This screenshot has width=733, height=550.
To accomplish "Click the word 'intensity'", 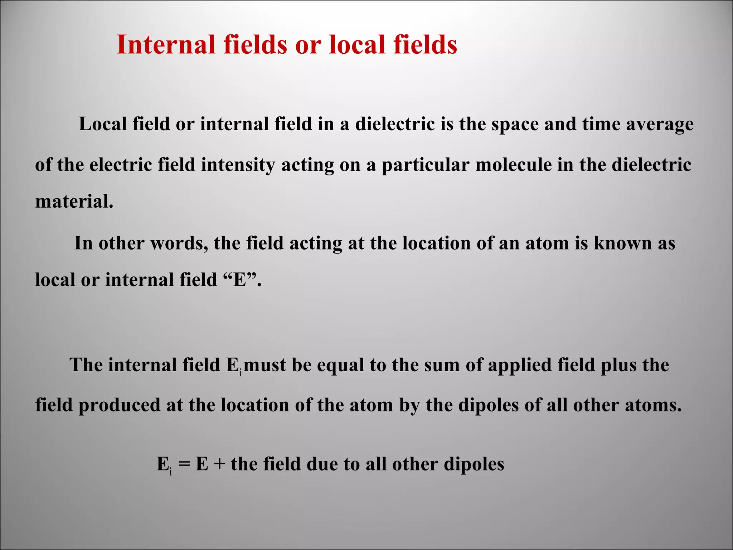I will [x=238, y=165].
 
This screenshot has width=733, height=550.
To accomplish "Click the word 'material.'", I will [x=74, y=201].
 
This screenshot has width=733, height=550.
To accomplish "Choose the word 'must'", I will [x=265, y=365].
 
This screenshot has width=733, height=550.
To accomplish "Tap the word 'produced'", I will [x=120, y=406].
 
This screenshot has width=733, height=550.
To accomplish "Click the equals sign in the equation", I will [x=184, y=464].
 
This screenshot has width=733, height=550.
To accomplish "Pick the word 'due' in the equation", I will [x=322, y=464].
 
